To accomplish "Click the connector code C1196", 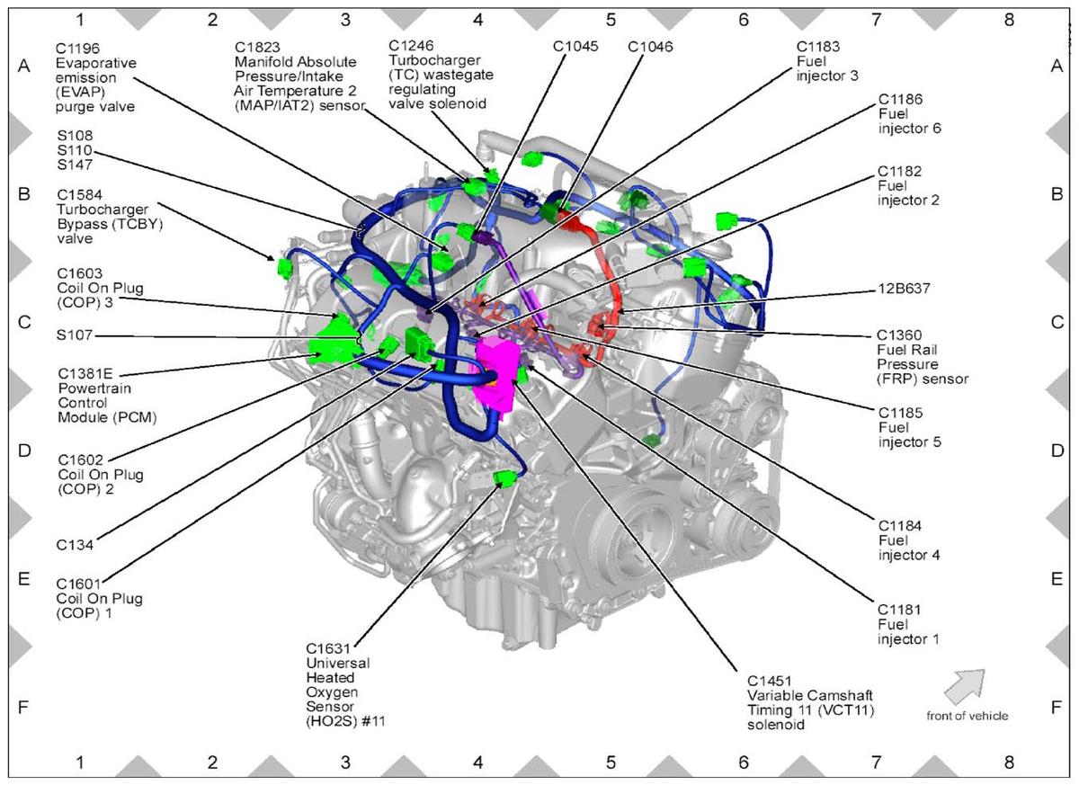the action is click(77, 49).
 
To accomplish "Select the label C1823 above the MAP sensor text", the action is click(257, 47).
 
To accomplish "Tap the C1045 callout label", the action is click(575, 46).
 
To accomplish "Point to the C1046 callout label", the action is click(650, 47).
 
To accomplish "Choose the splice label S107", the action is click(74, 335).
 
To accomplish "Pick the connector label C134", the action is click(75, 545).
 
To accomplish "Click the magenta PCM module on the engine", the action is click(496, 376).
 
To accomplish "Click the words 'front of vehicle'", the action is click(968, 716).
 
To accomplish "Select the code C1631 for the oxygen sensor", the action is click(328, 648).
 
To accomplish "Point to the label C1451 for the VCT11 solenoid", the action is click(770, 681).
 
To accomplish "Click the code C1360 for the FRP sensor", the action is click(899, 335).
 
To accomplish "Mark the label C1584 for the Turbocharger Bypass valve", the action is click(79, 195).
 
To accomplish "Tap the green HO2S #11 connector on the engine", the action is click(504, 479).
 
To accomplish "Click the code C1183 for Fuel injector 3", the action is click(818, 47).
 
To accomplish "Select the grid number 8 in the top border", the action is click(1009, 20).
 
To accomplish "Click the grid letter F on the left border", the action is click(23, 707).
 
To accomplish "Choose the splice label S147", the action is click(75, 165).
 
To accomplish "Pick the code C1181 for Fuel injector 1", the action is click(899, 610).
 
